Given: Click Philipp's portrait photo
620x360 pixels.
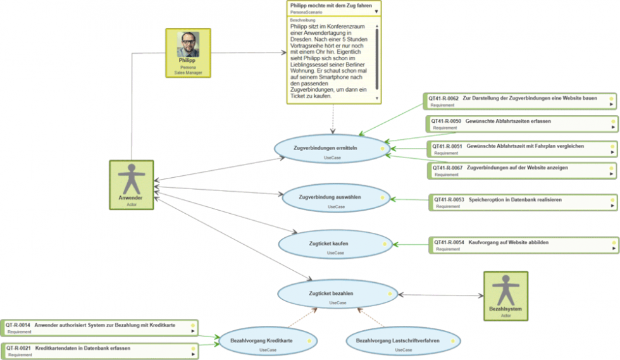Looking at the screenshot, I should pyautogui.click(x=188, y=44).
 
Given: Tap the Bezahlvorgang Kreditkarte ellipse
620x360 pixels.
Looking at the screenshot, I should pyautogui.click(x=268, y=342).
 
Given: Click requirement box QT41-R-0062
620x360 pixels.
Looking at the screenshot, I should pyautogui.click(x=519, y=101).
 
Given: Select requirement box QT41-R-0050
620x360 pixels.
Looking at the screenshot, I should pyautogui.click(x=523, y=123).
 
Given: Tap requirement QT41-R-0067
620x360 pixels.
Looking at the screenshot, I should pyautogui.click(x=523, y=170).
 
